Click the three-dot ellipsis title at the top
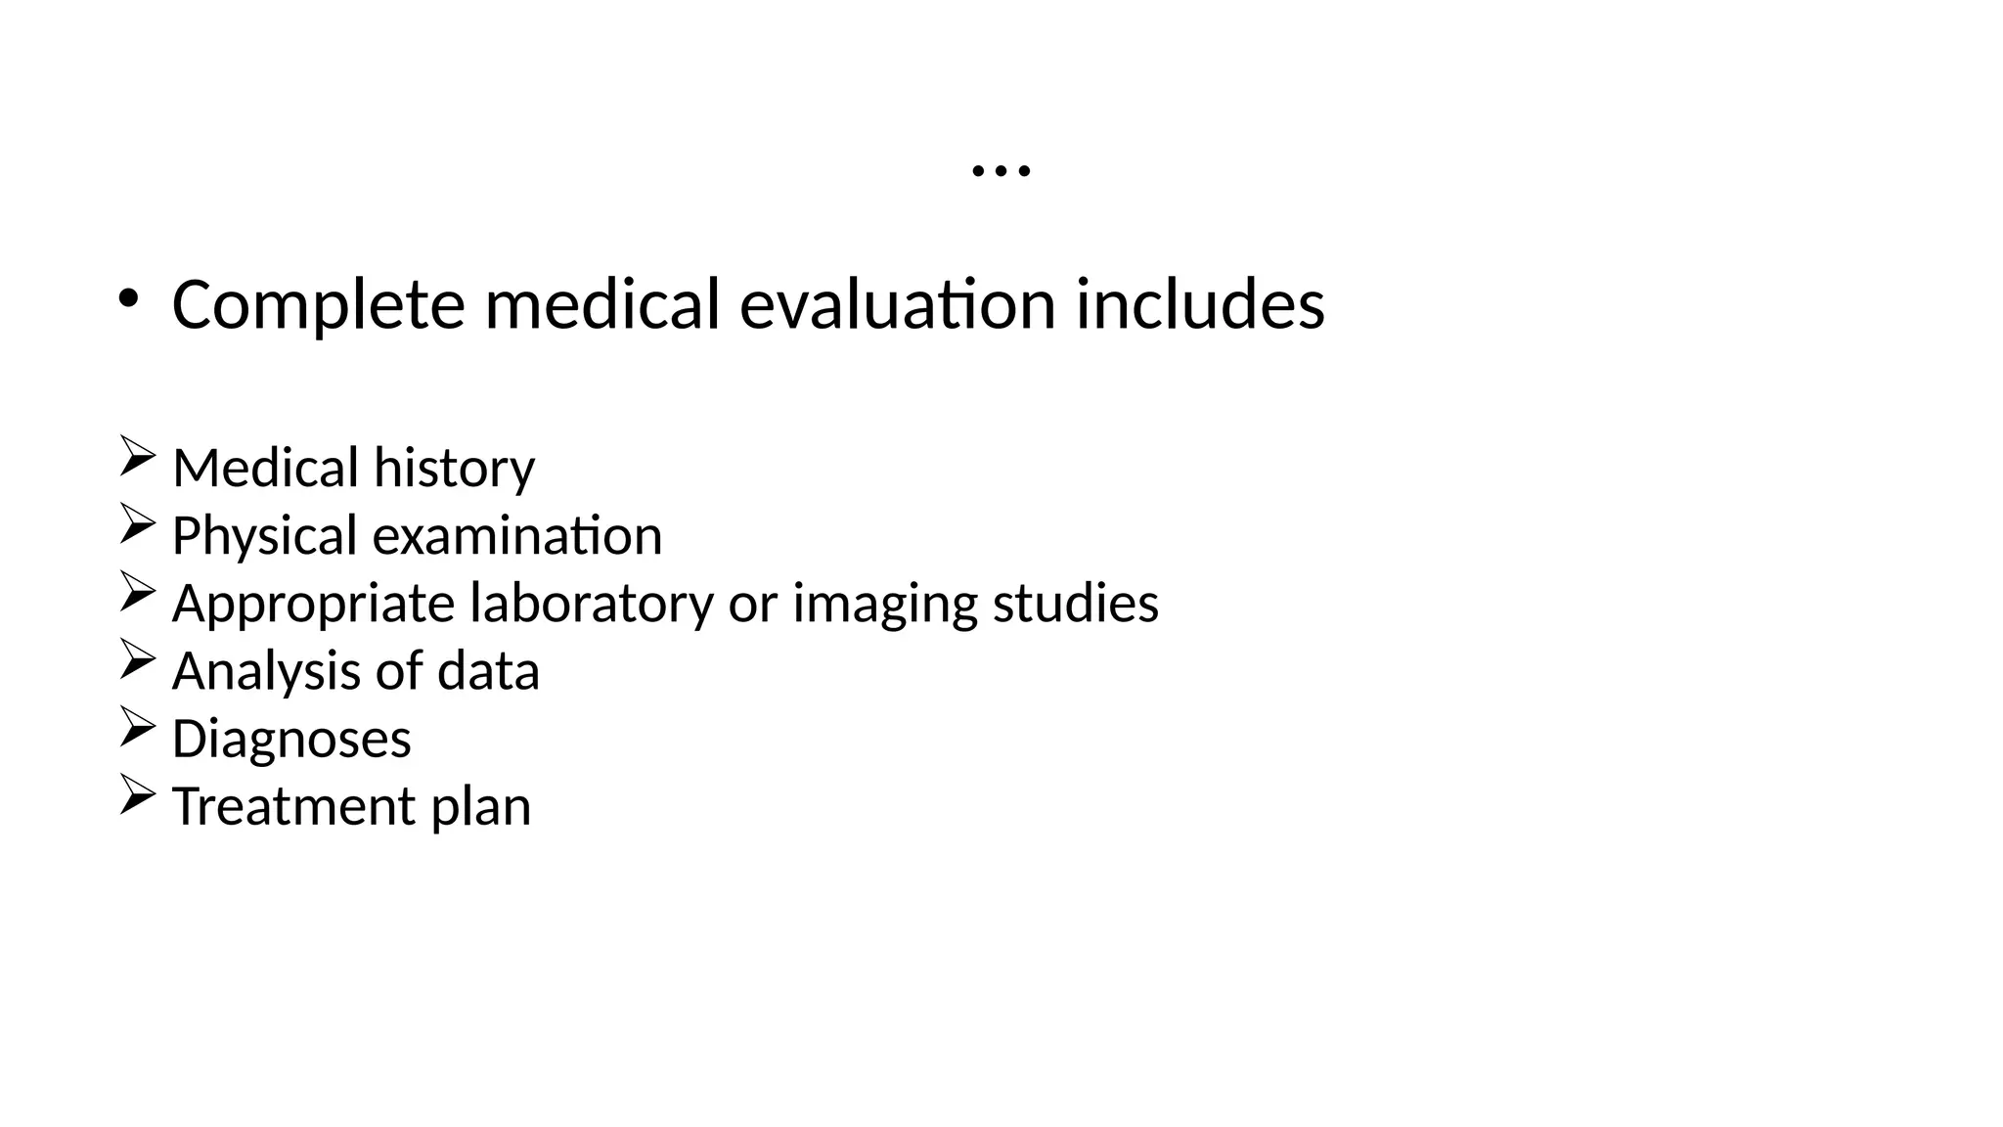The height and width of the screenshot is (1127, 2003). pos(1001,171)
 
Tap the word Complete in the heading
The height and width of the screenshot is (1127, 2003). pos(318,305)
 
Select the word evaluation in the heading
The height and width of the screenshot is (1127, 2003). pos(898,305)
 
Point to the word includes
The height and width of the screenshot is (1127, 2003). pos(1200,305)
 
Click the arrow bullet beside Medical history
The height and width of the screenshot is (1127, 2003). pos(137,457)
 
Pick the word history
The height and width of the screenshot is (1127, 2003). pos(454,469)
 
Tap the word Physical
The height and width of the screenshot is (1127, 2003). pos(264,537)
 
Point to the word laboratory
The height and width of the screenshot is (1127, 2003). pos(592,604)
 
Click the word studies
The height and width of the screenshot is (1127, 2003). pos(1075,604)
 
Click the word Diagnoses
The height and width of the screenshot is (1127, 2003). pos(291,740)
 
